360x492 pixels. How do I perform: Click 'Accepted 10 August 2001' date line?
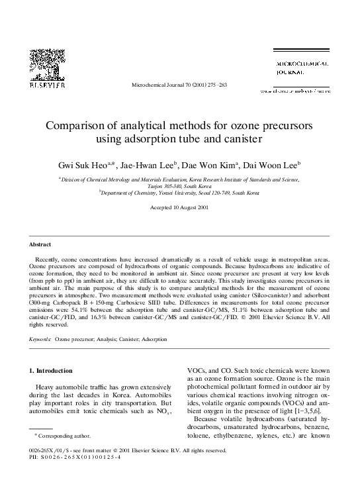click(x=180, y=207)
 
